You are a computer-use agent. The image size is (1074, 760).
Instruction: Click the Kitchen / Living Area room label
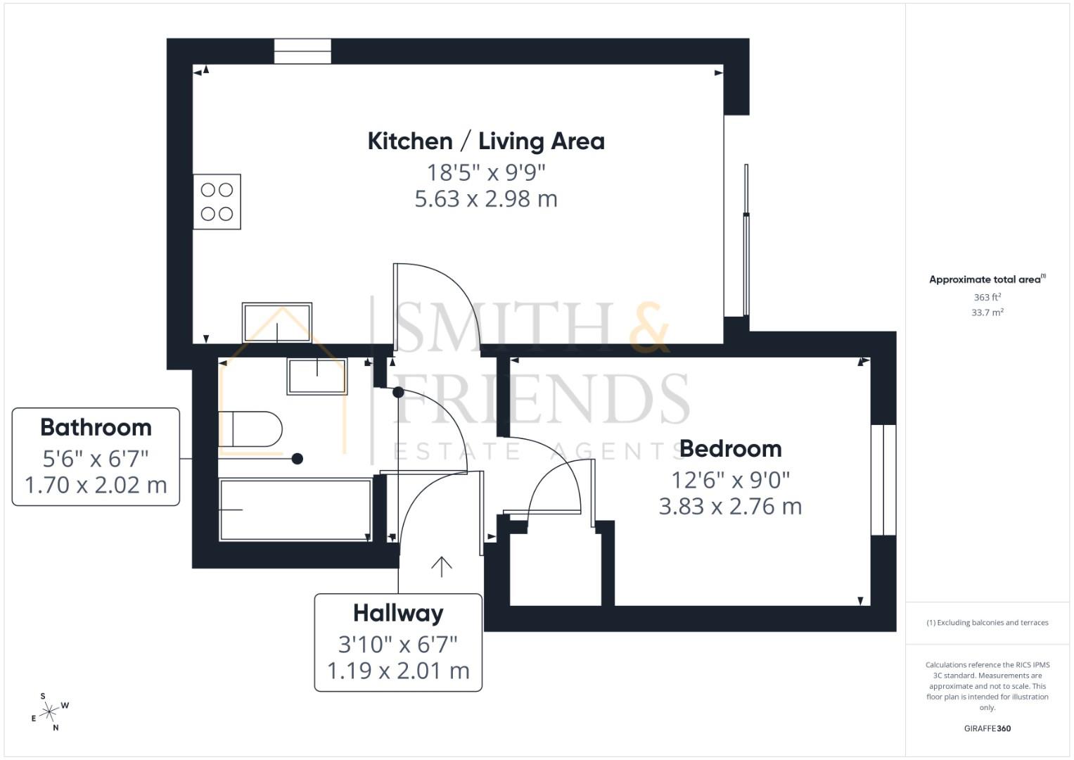[x=486, y=141]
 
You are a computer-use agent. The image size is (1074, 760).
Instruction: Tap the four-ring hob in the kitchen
[x=217, y=201]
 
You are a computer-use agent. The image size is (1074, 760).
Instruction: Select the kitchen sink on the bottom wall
[x=276, y=323]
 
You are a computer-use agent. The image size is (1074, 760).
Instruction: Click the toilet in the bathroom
[x=250, y=429]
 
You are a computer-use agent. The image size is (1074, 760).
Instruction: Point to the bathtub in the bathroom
[x=295, y=509]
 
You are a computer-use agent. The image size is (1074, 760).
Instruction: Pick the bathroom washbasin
[x=317, y=376]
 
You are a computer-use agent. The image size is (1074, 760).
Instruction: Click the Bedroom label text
[x=730, y=448]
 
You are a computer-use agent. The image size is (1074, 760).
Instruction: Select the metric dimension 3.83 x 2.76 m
[x=730, y=506]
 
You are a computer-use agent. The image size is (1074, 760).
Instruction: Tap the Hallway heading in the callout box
[x=398, y=613]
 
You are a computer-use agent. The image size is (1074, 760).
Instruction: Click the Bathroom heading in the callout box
[x=96, y=427]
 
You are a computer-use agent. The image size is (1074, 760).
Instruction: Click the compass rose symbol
[x=49, y=712]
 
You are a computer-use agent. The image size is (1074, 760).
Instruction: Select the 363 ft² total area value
[x=987, y=297]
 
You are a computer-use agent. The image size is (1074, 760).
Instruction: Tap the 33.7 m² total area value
[x=987, y=312]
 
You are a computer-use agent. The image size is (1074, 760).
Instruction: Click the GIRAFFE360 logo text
[x=987, y=728]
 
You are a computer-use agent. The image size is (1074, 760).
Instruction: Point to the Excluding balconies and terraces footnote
[x=987, y=623]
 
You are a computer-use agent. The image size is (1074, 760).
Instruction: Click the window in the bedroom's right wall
[x=883, y=480]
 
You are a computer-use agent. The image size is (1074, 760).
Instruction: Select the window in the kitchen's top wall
[x=302, y=51]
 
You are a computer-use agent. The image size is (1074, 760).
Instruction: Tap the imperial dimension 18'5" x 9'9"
[x=486, y=172]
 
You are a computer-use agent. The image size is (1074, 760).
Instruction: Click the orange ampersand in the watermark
[x=648, y=328]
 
